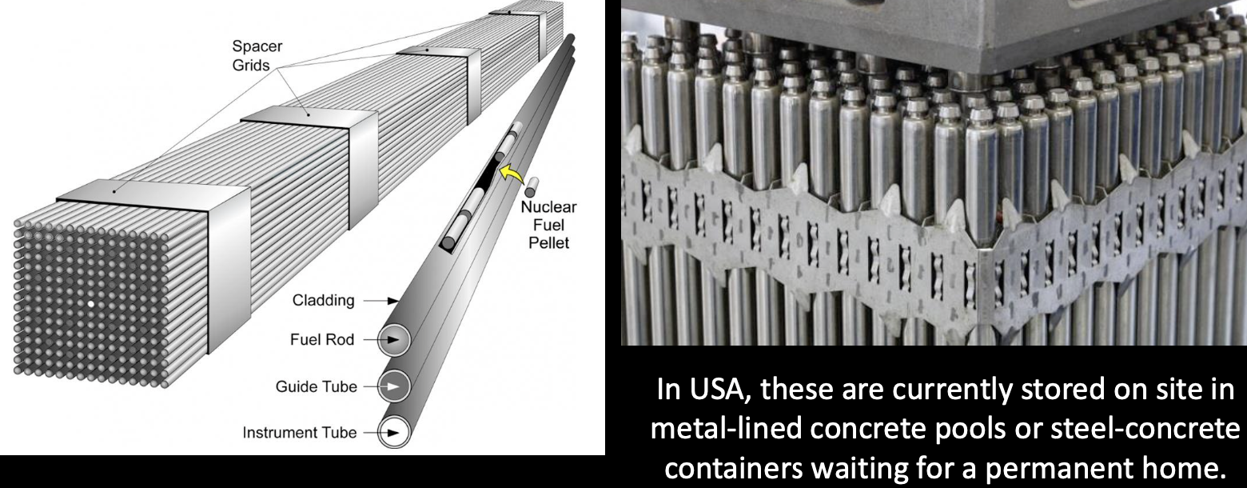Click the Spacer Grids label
257,55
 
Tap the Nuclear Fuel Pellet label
548,225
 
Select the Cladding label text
324,300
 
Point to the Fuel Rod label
322,339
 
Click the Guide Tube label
317,386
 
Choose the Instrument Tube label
300,432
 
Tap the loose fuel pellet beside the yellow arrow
531,186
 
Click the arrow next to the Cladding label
380,301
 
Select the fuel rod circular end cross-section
394,339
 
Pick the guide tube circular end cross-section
394,386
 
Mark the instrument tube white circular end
394,432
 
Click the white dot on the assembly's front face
91,304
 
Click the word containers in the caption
734,469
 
